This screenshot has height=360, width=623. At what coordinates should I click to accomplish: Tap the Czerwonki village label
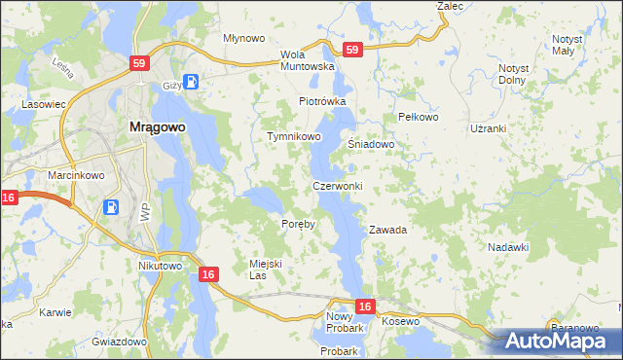pyautogui.click(x=338, y=186)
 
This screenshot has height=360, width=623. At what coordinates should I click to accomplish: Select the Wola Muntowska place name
pyautogui.click(x=307, y=60)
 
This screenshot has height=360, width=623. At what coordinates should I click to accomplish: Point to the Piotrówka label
pyautogui.click(x=322, y=101)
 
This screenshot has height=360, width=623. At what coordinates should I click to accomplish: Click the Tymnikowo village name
pyautogui.click(x=294, y=137)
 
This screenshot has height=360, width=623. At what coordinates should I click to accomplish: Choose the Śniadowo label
pyautogui.click(x=371, y=144)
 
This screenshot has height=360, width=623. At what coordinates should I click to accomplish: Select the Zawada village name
pyautogui.click(x=387, y=231)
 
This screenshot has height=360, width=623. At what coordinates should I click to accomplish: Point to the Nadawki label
pyautogui.click(x=508, y=247)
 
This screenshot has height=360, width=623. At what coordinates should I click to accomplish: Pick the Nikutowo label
pyautogui.click(x=161, y=266)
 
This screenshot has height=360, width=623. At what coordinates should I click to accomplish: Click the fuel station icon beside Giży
pyautogui.click(x=192, y=82)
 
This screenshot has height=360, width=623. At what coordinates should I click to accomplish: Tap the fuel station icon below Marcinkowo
pyautogui.click(x=112, y=206)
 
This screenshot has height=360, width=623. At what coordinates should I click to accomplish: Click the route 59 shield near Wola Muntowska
pyautogui.click(x=351, y=49)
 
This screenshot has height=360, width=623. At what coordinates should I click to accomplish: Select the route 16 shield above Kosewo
pyautogui.click(x=364, y=306)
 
